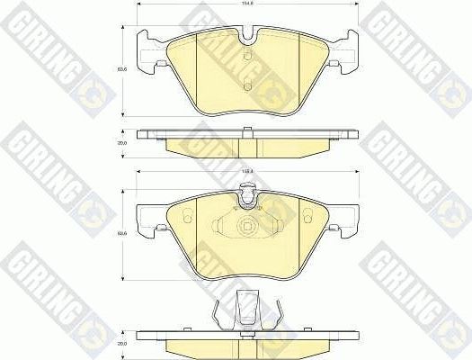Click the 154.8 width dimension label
click(245, 4)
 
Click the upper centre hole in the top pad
click(245, 61)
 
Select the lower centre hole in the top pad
click(245, 87)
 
